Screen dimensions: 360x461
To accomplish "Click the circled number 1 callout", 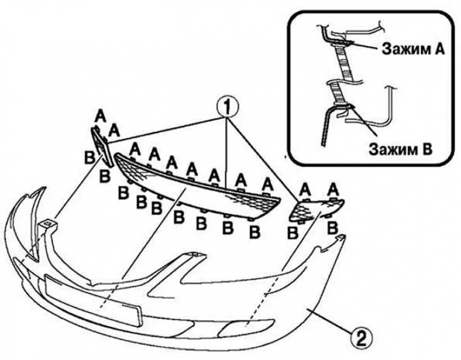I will [x=228, y=106].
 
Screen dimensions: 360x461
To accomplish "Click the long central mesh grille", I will [x=196, y=182].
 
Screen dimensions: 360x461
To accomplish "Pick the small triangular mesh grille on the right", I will [x=314, y=209].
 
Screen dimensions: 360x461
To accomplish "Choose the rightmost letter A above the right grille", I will [x=333, y=188].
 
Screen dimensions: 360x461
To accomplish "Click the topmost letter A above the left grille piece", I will [x=100, y=116].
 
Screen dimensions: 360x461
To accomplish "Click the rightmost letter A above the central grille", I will [x=266, y=184].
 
